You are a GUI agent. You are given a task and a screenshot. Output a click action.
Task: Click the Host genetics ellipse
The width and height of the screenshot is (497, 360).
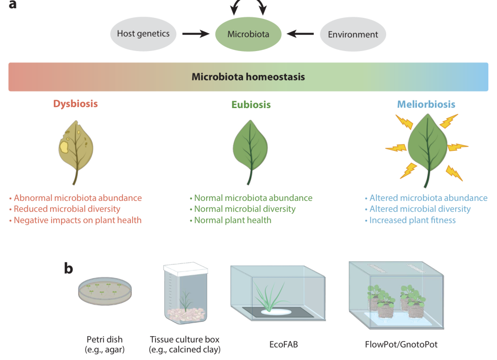(x=143, y=34)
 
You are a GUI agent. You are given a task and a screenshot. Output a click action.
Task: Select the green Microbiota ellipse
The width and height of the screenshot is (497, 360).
(x=248, y=34)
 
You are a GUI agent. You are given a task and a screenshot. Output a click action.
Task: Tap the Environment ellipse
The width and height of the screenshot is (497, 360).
(x=353, y=34)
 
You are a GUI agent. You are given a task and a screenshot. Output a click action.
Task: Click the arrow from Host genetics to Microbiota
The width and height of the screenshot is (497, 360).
(x=196, y=34)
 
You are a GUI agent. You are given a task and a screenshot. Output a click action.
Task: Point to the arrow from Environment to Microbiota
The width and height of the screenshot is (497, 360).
(x=300, y=34)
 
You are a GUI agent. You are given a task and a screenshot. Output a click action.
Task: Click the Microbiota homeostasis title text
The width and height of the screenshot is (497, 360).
(x=248, y=77)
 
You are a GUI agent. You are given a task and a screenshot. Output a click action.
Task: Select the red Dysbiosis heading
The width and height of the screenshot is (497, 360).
(x=75, y=104)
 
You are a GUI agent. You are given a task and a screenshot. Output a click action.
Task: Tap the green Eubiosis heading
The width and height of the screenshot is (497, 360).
(x=251, y=104)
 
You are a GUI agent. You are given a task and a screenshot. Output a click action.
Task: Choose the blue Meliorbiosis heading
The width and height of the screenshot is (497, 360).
(x=426, y=104)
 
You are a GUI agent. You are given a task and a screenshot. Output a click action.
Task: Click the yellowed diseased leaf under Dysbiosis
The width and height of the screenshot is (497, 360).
(x=76, y=149)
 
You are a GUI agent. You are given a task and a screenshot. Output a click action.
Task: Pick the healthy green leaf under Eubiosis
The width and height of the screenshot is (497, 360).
(x=250, y=149)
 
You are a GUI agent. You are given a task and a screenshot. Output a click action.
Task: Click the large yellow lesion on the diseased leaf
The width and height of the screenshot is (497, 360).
(x=64, y=147)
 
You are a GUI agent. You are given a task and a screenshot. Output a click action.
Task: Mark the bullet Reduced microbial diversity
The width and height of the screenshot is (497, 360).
(x=65, y=209)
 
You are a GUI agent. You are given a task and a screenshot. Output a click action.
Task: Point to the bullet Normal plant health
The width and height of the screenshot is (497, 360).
(x=231, y=220)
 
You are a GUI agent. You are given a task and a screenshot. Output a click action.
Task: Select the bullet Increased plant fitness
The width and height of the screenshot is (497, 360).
(x=410, y=220)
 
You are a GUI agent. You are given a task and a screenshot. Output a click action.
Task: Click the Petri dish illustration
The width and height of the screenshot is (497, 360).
(x=105, y=291)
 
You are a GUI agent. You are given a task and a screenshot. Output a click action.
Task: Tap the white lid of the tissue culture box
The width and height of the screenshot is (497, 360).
(x=186, y=269)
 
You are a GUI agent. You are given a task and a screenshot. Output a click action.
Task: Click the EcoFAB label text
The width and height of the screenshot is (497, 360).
(x=283, y=344)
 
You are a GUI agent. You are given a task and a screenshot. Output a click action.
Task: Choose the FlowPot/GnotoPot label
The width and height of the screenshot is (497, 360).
(x=401, y=344)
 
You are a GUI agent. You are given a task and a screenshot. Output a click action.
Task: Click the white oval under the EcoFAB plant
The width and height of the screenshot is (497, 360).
(x=276, y=312)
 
